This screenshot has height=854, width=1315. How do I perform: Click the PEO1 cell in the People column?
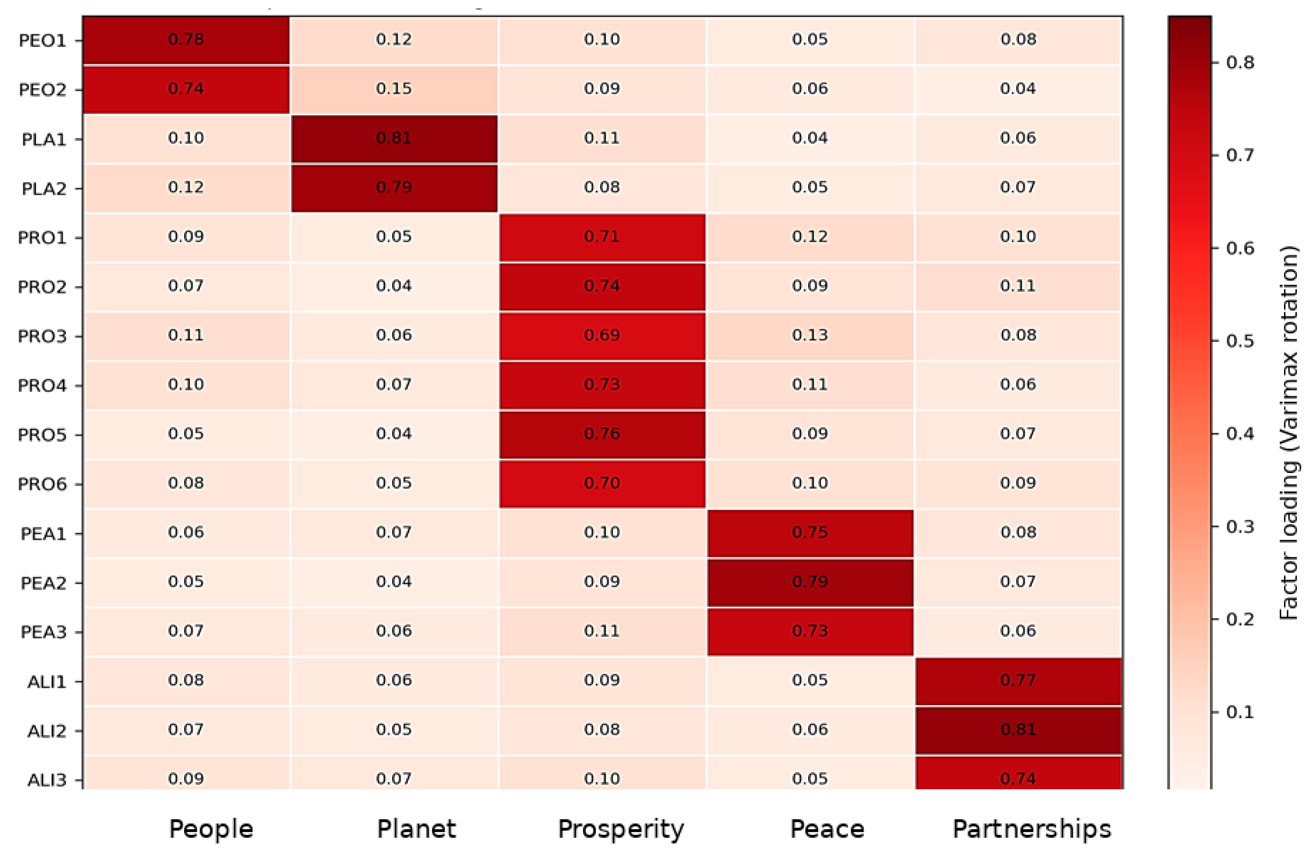point(186,40)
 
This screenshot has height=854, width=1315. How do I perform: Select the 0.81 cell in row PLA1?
point(394,138)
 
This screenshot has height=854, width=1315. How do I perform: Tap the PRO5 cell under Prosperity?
point(602,434)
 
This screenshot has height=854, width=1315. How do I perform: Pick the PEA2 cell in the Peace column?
point(810,582)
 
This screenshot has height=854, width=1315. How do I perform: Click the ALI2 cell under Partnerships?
point(1018,730)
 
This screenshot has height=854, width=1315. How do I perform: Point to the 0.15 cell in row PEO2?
point(394,89)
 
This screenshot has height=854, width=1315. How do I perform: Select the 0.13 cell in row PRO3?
point(810,336)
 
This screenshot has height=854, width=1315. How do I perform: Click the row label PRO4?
point(42,385)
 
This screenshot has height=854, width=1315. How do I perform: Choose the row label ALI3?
point(47,780)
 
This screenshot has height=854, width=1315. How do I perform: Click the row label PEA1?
point(43,534)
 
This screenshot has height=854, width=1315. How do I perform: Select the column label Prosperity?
point(621,829)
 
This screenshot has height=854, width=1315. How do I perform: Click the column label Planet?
point(416,829)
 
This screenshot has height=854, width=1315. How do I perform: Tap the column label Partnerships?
point(1031,829)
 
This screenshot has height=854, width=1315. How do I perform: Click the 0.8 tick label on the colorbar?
point(1240,62)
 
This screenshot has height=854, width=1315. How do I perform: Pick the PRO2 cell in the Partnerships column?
point(1018,286)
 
